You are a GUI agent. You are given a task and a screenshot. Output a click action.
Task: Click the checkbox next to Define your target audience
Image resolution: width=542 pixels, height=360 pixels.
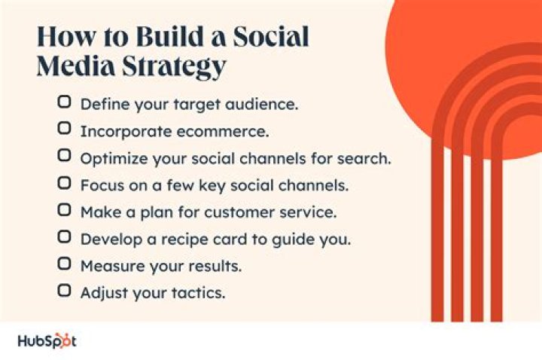point(65,102)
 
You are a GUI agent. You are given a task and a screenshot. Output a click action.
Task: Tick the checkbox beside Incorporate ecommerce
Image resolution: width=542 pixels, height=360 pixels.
point(65,129)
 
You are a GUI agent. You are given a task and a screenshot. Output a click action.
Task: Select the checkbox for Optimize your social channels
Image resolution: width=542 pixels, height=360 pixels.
point(65,156)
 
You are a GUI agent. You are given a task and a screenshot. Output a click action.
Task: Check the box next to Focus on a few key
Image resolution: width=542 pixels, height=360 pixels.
point(65,183)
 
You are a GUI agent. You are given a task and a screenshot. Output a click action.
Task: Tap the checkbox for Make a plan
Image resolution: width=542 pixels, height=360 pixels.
point(65,210)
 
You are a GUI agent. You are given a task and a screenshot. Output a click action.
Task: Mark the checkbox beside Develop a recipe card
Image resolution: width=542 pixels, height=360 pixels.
point(65,237)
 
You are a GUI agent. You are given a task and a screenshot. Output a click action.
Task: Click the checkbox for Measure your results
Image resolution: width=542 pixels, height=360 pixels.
point(65,264)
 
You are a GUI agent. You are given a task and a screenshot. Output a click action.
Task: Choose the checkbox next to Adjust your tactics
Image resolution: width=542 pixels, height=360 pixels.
point(65,291)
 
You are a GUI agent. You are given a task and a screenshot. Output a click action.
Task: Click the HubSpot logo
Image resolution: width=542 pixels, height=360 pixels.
point(47,341)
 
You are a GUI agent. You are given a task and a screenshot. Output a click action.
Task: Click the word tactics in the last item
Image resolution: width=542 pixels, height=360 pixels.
point(199,293)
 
